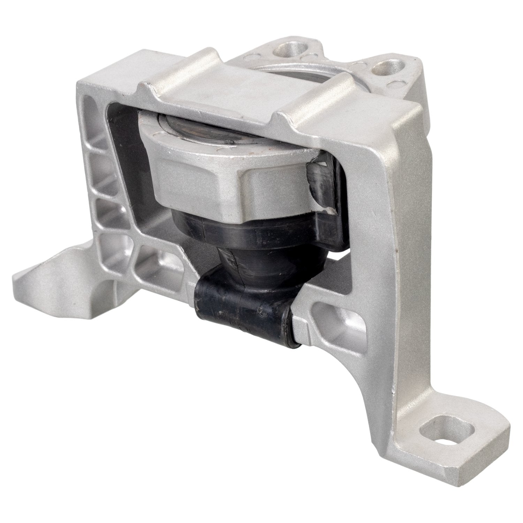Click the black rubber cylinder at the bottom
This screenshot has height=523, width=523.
pos(241,300)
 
